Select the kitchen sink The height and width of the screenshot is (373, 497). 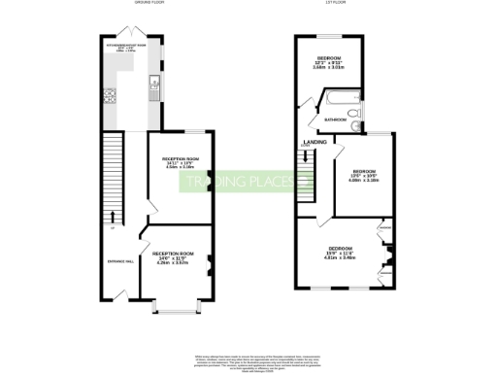[152, 89]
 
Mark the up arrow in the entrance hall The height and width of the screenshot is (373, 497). [115, 219]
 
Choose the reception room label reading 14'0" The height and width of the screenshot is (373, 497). [173, 256]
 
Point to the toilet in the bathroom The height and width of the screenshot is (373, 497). [357, 119]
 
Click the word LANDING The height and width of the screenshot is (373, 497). [315, 142]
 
